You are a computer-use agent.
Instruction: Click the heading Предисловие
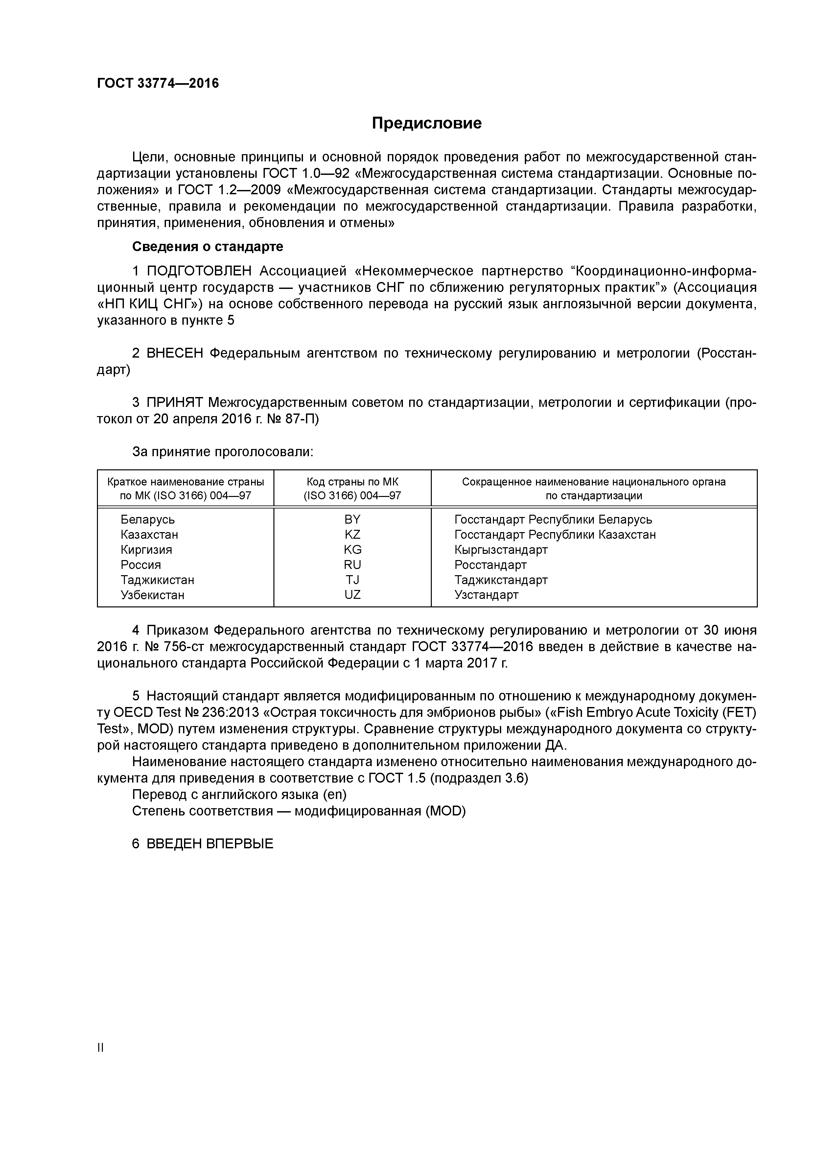coord(426,123)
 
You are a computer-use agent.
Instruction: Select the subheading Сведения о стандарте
coord(207,247)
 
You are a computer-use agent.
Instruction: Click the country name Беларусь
coord(148,519)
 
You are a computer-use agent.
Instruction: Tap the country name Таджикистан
coord(157,579)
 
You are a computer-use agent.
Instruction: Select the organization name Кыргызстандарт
coord(501,549)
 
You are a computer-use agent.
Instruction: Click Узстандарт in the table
coord(486,595)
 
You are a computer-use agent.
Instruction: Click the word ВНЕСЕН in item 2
coord(175,354)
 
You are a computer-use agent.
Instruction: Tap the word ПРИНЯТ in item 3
coord(175,402)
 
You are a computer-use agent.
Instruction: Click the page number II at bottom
coord(101,1047)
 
